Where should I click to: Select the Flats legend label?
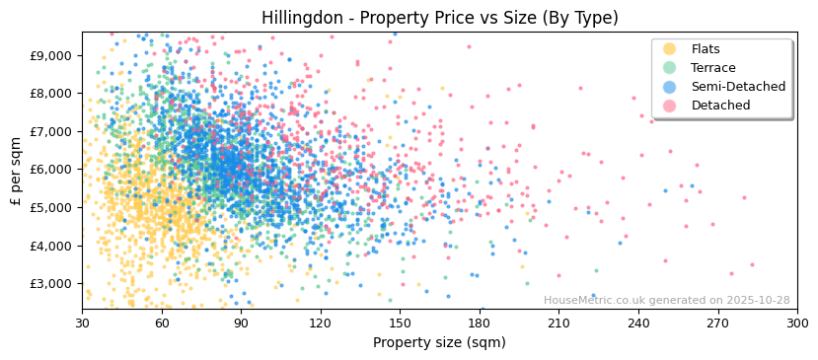point(706,49)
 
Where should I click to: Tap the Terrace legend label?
point(713,68)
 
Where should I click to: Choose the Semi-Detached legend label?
point(738,87)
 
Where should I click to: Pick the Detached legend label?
point(720,106)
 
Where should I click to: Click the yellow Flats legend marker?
point(670,49)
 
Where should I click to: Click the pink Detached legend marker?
point(670,106)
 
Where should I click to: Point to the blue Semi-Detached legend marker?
point(670,87)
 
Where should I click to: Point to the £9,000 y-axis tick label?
point(51,55)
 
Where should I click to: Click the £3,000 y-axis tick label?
point(51,283)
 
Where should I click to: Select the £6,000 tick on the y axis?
point(51,169)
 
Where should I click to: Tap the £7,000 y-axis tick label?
point(51,131)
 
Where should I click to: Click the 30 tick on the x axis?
point(82,324)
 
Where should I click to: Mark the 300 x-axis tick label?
point(797,324)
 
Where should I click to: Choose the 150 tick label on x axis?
point(400,324)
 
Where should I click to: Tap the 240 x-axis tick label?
point(638,324)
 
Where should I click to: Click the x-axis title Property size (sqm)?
point(439,343)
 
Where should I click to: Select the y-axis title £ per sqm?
point(17,171)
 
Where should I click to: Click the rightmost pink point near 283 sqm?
point(752,264)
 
